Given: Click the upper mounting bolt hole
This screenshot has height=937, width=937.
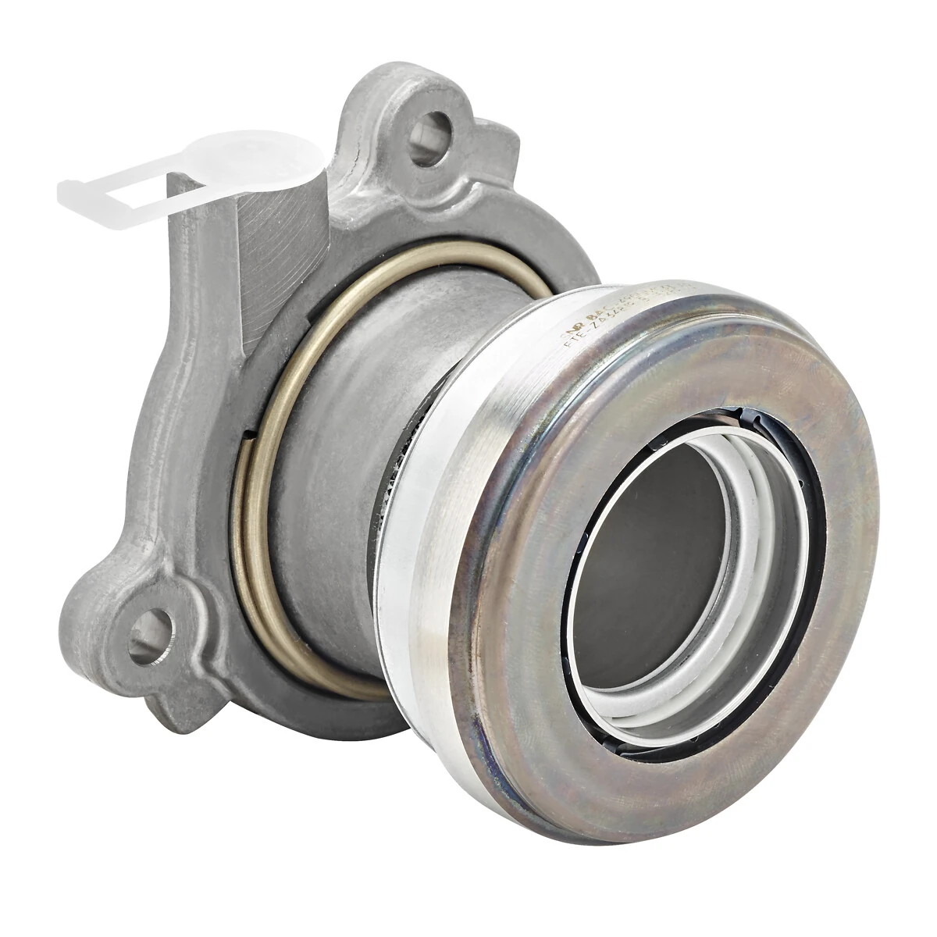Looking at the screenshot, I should click(x=433, y=129).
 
